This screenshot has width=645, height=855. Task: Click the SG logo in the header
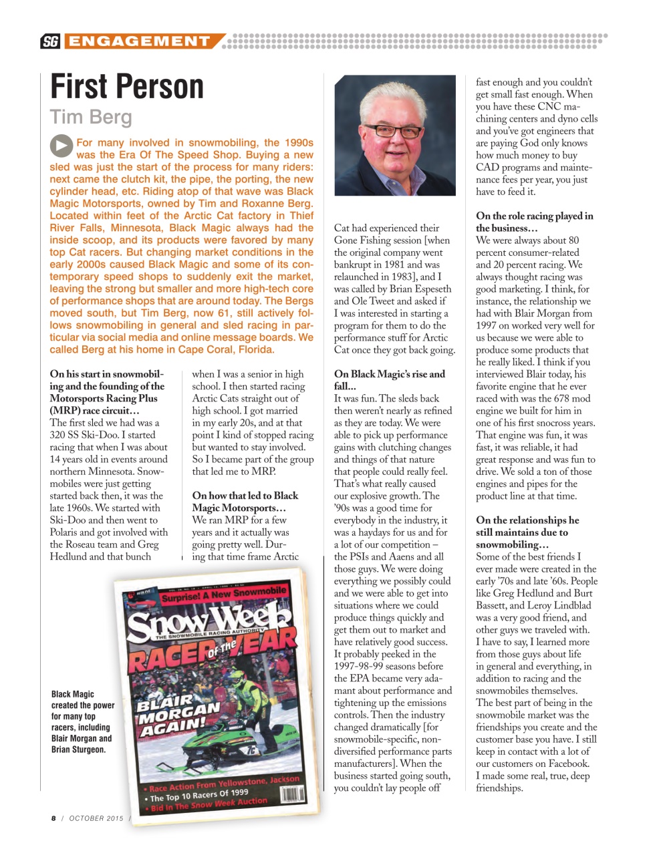49,41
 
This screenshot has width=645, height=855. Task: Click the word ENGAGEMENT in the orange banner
140,41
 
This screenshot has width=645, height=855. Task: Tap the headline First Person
127,87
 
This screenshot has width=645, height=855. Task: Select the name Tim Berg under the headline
91,117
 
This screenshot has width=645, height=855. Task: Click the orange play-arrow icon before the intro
61,146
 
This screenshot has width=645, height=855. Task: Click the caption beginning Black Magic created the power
82,721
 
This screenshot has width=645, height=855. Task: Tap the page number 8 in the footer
53,818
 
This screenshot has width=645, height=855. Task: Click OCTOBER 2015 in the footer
96,818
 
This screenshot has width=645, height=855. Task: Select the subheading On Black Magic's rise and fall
389,380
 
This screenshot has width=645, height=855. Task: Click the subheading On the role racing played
534,222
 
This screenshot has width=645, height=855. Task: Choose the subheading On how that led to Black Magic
245,502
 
